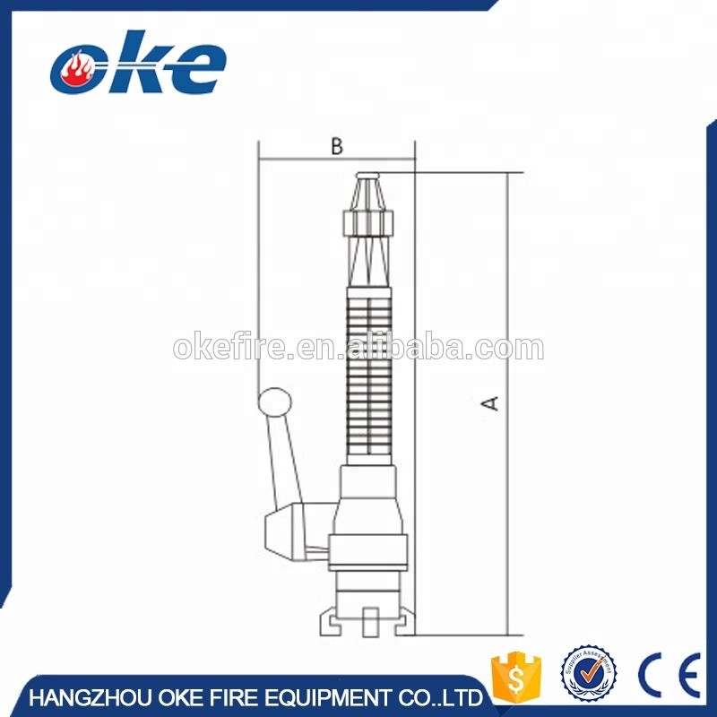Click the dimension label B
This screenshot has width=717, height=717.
click(336, 147)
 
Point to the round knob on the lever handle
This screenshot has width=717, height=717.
click(274, 402)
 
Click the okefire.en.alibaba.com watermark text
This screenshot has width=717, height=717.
click(358, 348)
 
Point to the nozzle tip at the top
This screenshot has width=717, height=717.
click(369, 176)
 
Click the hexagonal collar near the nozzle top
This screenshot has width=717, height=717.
click(368, 221)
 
